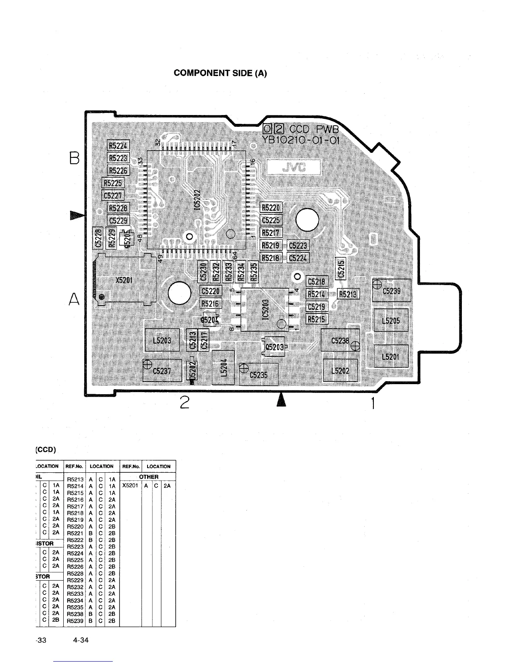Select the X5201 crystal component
124,280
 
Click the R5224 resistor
119,145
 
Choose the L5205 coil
391,321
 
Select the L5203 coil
162,340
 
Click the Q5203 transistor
274,347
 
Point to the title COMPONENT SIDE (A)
220,73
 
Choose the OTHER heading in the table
149,476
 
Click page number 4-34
80,640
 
